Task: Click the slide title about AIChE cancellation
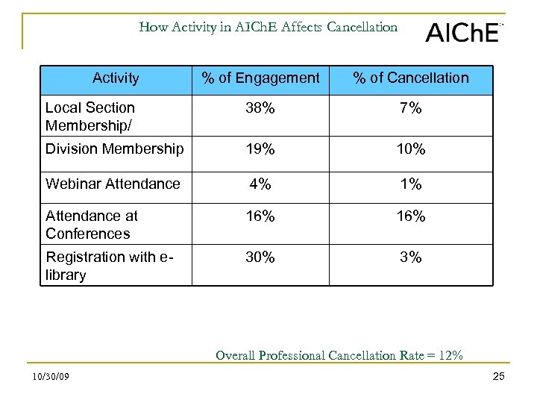[x=268, y=28]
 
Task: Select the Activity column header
[x=116, y=78]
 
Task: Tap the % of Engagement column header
[x=261, y=78]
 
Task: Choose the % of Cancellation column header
[x=411, y=78]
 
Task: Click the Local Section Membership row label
[x=90, y=116]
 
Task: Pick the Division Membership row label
[x=114, y=149]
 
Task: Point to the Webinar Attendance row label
[x=113, y=184]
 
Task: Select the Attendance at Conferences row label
[x=92, y=225]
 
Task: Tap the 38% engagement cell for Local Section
[x=261, y=108]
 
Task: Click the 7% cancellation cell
[x=411, y=108]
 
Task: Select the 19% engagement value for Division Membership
[x=261, y=149]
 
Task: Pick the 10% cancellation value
[x=411, y=149]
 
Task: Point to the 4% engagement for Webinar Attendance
[x=261, y=184]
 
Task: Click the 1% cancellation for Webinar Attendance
[x=411, y=184]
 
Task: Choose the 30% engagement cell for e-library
[x=261, y=257]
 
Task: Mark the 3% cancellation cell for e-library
[x=411, y=257]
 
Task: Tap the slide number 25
[x=499, y=376]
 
